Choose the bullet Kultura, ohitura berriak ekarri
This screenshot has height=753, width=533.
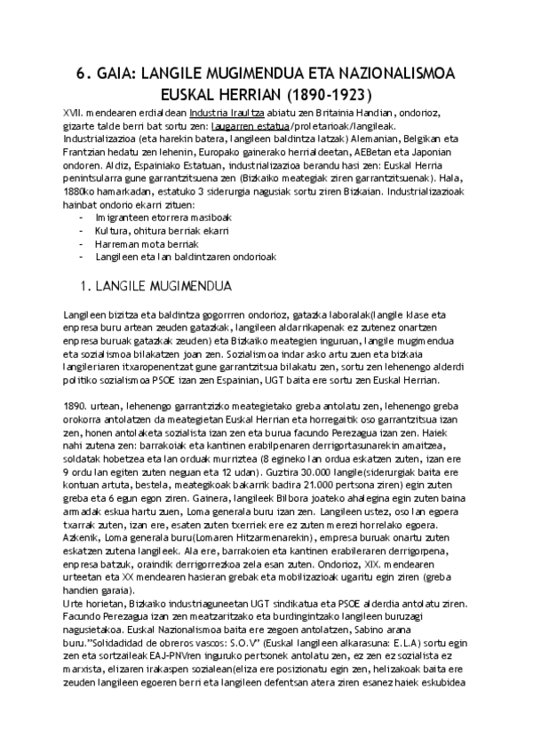[155, 231]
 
